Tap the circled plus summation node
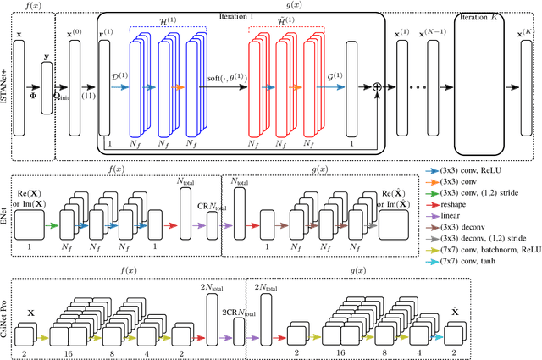[x=378, y=86]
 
